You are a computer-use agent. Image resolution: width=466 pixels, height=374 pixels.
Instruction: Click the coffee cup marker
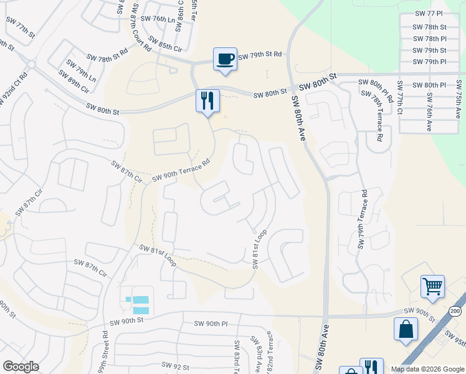point(225,59)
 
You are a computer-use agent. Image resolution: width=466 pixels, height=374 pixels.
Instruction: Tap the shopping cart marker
point(432,287)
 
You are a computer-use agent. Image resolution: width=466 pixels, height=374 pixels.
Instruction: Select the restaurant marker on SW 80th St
point(208,100)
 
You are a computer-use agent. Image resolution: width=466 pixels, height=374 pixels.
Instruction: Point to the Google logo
point(21,367)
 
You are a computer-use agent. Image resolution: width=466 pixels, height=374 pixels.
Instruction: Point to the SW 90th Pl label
point(211,324)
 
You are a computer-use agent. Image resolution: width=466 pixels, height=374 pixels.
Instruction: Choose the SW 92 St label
point(175,365)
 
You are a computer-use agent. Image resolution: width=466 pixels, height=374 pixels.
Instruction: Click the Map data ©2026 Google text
point(427,369)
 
